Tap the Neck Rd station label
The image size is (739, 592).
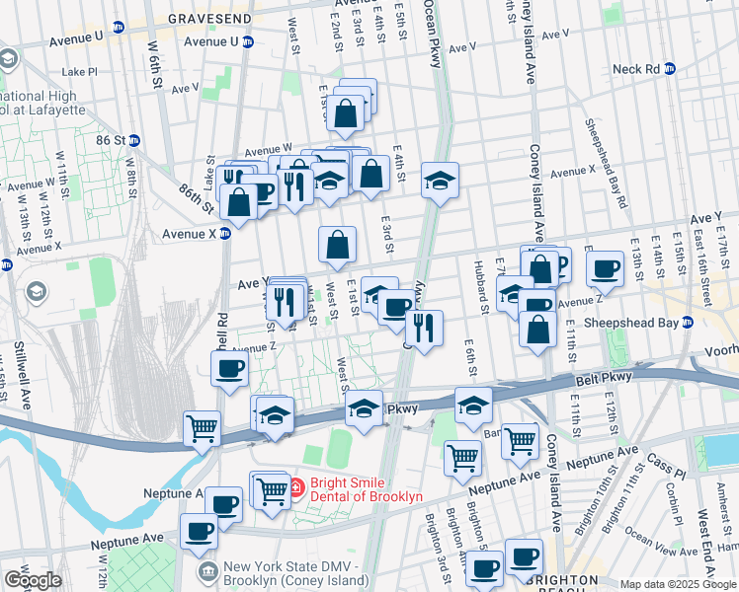point(635,69)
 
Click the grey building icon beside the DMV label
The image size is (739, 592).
point(207,571)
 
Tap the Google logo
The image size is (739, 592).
point(33,580)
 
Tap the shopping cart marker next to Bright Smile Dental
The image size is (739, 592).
point(273,490)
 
